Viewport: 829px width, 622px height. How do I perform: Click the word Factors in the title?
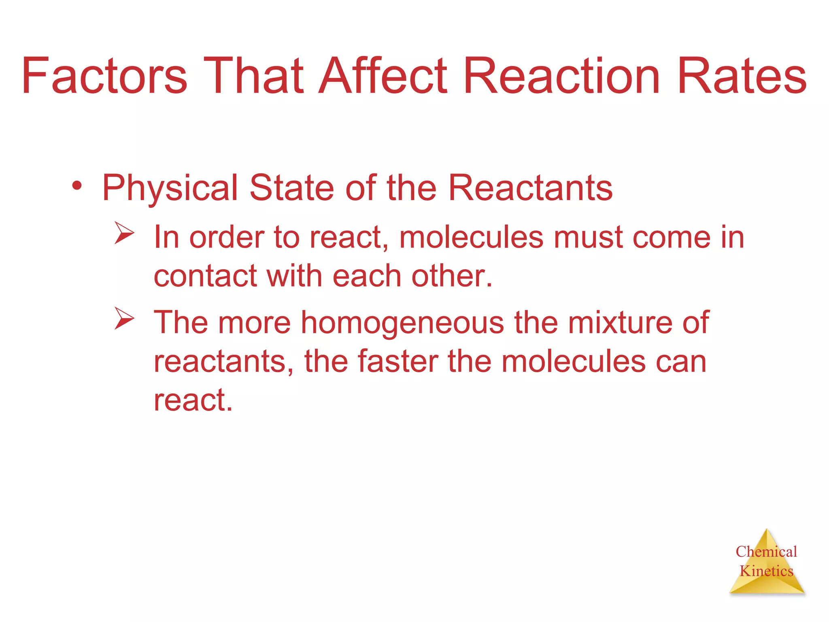coord(104,76)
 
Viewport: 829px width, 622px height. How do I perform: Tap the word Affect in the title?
coord(383,76)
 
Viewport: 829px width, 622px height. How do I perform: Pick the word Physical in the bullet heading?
coord(170,188)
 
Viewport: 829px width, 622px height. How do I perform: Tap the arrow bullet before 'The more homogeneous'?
coord(123,318)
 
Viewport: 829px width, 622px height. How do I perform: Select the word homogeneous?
coord(402,323)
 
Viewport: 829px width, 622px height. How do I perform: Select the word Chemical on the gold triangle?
coord(766,551)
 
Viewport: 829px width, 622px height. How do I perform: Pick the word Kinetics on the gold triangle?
coord(766,571)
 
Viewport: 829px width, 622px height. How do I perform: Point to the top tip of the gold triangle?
coord(767,530)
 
